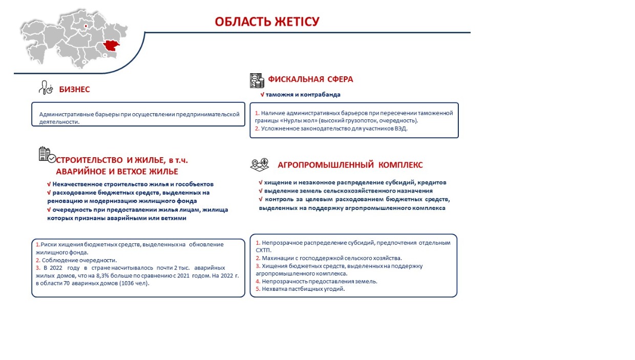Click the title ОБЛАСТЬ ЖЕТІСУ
[267, 22]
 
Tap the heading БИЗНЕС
[74, 90]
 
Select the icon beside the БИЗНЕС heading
[46, 88]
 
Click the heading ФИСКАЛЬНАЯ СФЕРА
[310, 79]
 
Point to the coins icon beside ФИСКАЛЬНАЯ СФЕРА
[257, 80]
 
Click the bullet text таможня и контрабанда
[303, 95]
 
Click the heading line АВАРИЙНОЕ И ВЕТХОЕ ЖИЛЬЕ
[117, 171]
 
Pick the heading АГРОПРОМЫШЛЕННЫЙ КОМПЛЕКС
[350, 165]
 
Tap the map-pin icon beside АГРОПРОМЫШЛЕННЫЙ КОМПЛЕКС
[259, 164]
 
